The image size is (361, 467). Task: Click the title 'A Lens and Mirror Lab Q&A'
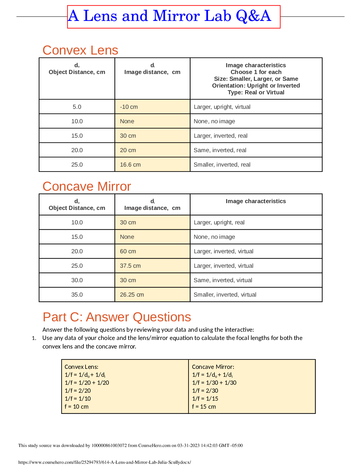coord(170,16)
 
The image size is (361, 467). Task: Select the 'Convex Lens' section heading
coord(80,50)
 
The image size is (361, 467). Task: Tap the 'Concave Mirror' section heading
coord(87,187)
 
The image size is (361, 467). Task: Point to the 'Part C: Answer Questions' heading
coord(117,317)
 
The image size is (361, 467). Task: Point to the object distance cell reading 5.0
coord(77,107)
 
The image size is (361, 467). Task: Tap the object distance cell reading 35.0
coord(77,295)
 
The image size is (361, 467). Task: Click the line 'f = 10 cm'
coord(77,407)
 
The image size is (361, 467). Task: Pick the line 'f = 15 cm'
coord(204,407)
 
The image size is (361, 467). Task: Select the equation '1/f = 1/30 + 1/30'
coord(214,383)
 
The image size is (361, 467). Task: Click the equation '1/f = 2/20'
coord(78,391)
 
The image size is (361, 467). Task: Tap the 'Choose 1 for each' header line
coord(256,72)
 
